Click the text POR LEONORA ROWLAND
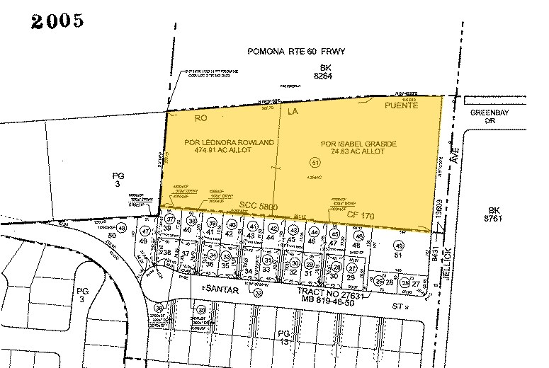pos(229,142)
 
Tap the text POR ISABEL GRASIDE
pos(358,144)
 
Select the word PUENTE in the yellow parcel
pos(402,105)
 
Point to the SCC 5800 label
pos(259,206)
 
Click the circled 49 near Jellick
pos(398,245)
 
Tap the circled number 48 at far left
pos(122,229)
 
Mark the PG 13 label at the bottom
pos(284,336)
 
